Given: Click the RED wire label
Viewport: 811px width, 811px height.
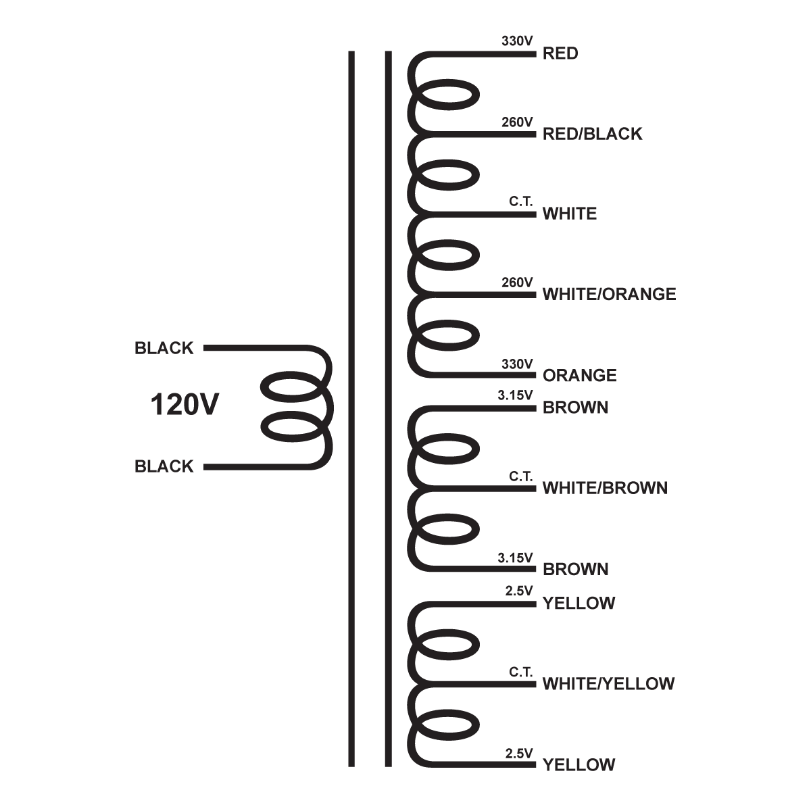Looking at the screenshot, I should click(x=560, y=53).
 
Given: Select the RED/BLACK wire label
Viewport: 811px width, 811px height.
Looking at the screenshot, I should click(x=592, y=134).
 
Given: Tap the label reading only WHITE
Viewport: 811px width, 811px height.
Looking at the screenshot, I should click(x=570, y=214).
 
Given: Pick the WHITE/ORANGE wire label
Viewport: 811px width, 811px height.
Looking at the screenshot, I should click(x=609, y=294).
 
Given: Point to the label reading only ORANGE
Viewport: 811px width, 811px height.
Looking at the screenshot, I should click(x=579, y=375).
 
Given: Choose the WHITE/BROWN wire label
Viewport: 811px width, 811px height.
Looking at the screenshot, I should click(x=605, y=488).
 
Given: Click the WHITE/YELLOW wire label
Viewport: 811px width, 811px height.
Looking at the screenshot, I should click(x=608, y=684).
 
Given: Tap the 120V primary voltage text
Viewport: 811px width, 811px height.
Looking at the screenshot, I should click(x=185, y=405).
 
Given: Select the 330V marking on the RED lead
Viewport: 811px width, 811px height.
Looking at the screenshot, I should click(x=517, y=41).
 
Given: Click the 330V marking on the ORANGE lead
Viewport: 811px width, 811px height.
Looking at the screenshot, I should click(x=517, y=364).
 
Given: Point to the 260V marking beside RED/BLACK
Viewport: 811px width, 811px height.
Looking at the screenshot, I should click(x=517, y=122).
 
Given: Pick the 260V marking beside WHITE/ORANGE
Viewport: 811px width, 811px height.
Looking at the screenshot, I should click(x=517, y=282).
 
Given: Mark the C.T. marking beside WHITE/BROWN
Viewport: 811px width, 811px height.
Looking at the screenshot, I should click(x=521, y=476).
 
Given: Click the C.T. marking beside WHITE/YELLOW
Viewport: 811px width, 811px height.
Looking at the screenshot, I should click(x=521, y=672).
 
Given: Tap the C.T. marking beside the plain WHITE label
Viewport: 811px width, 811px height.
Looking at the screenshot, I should click(x=521, y=202).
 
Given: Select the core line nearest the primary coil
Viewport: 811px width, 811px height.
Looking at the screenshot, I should click(x=351, y=405).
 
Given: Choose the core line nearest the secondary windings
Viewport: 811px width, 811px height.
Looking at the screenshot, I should click(x=388, y=405).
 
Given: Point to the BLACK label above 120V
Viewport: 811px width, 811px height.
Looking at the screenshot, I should click(x=164, y=349).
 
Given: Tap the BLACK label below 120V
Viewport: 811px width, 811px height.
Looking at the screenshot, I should click(x=164, y=466).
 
